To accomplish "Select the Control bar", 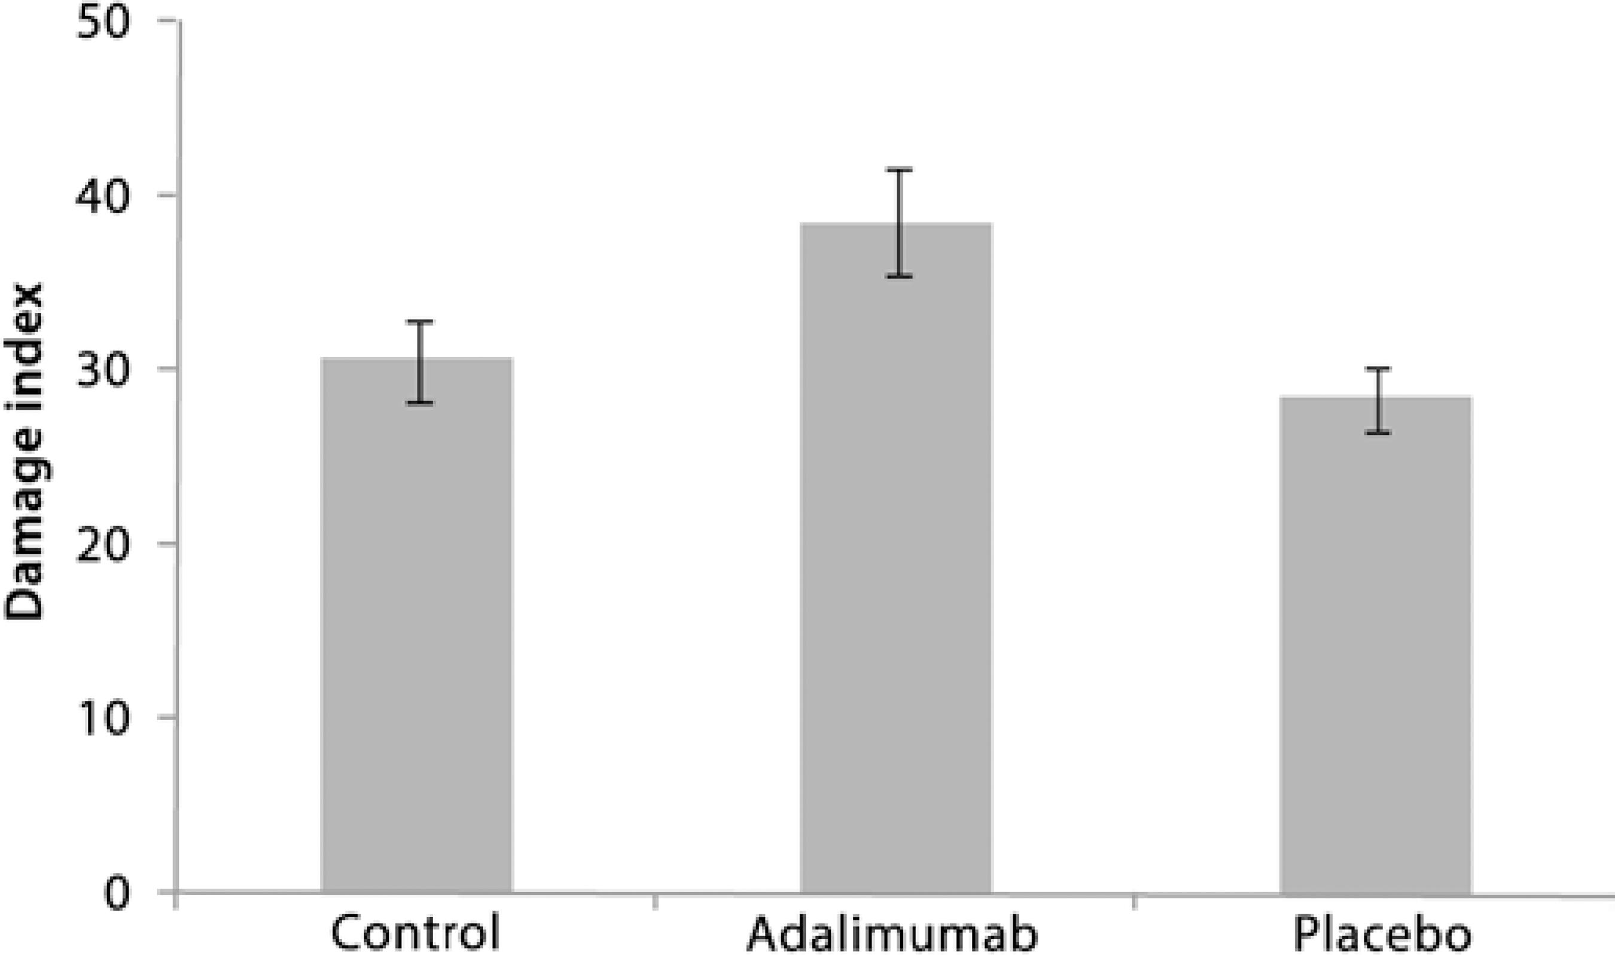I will click(416, 624).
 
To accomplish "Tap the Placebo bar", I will click(1376, 644).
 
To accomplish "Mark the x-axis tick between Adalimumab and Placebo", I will click(1133, 901).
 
